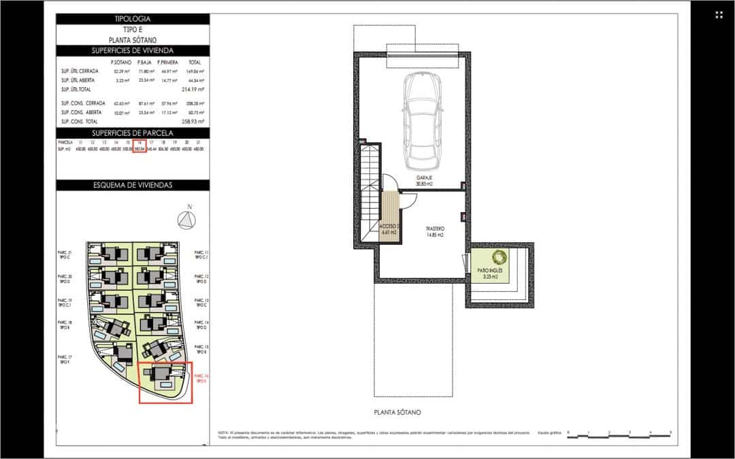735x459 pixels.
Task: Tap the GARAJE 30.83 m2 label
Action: click(425, 180)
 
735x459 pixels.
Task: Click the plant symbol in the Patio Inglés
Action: click(499, 258)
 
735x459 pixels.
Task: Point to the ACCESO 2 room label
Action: click(389, 228)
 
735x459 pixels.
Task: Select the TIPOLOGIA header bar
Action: click(134, 19)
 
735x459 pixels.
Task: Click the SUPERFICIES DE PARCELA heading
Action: click(134, 133)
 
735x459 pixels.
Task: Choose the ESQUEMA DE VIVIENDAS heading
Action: click(134, 185)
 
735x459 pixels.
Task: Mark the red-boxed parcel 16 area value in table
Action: click(139, 148)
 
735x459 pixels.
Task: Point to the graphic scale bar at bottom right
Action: click(619, 432)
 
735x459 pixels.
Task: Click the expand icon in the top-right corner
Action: click(719, 15)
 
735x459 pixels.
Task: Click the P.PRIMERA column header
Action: click(167, 62)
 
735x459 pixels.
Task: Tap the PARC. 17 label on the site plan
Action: click(66, 360)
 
